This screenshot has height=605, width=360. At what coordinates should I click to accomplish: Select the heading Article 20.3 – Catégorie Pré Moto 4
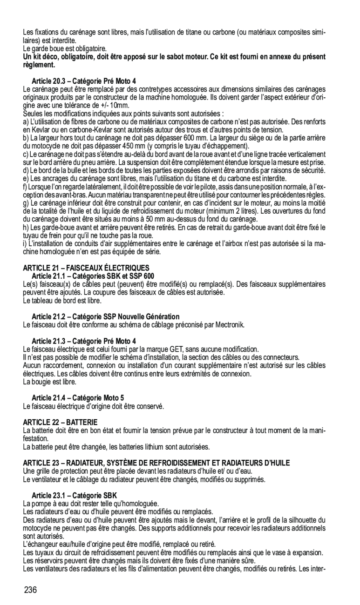pos(84,81)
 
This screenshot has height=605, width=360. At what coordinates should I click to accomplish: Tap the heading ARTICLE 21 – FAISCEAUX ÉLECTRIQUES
pos(86,268)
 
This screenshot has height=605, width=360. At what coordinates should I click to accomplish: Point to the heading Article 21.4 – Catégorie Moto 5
pos(78,397)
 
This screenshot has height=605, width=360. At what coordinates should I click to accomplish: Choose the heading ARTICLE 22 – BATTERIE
pos(61,422)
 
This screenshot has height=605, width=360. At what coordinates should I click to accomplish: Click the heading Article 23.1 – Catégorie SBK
pos(75,495)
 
